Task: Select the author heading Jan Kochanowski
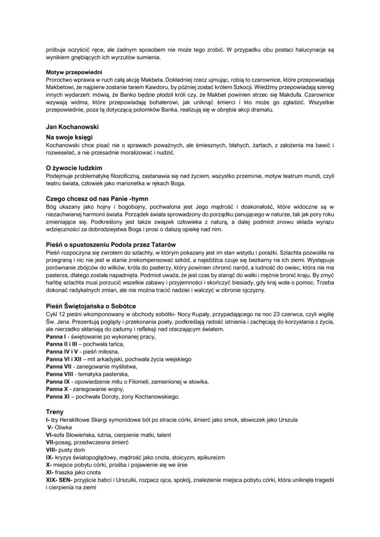click(73, 126)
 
